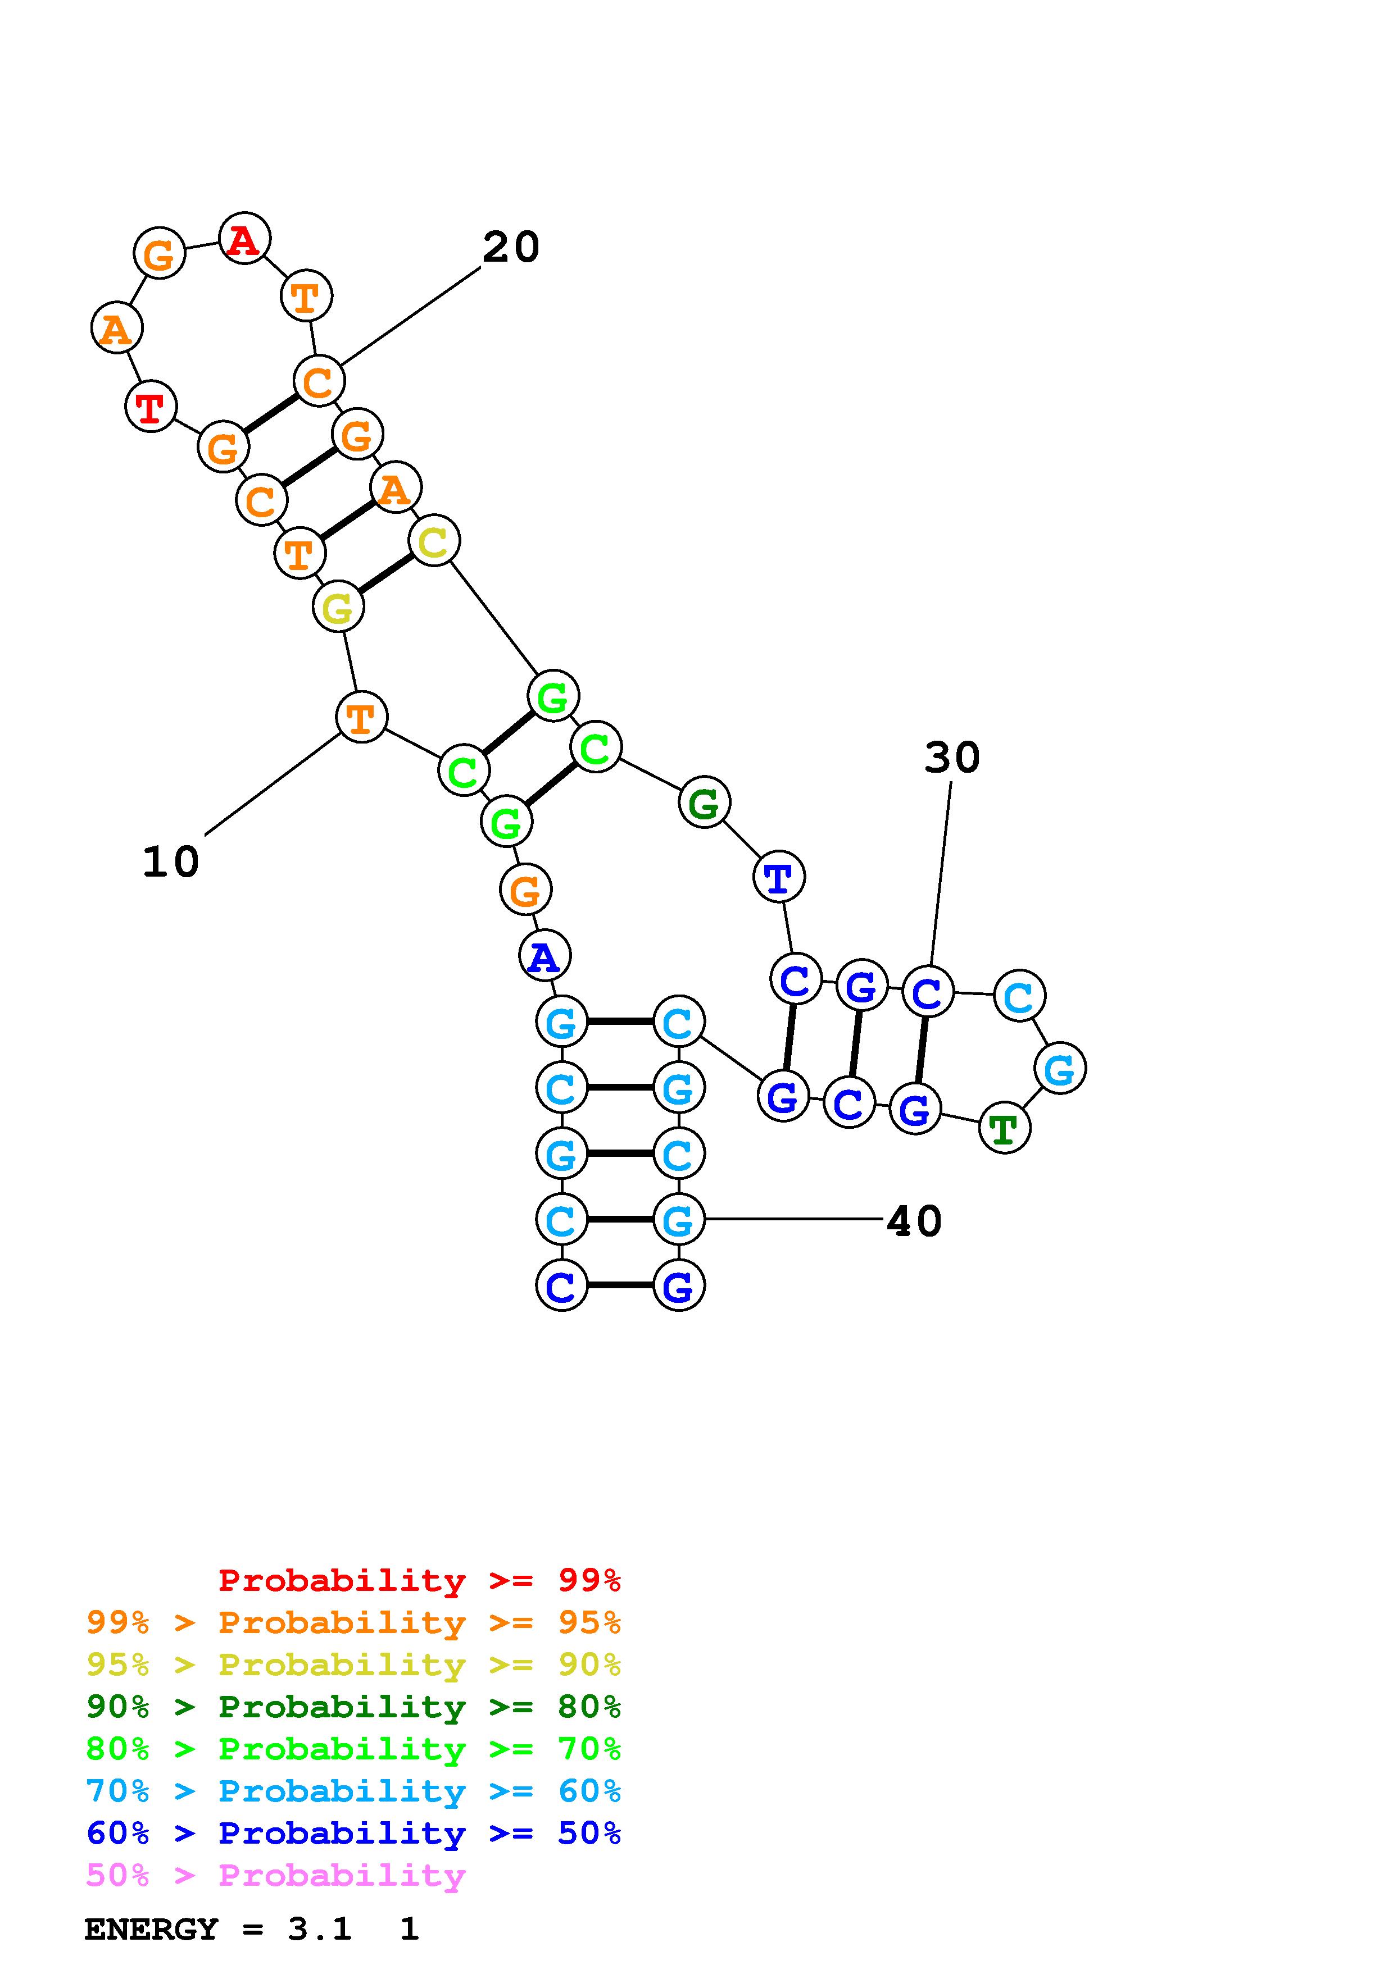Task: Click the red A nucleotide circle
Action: [x=244, y=239]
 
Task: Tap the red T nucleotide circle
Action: [x=151, y=407]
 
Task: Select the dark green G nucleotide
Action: [x=704, y=803]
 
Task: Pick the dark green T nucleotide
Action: [x=1004, y=1128]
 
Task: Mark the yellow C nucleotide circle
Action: [x=433, y=541]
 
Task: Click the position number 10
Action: [x=171, y=861]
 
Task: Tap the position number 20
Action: [x=511, y=248]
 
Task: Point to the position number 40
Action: [x=914, y=1221]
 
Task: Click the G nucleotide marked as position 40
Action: [x=678, y=1219]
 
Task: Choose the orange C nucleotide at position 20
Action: [x=319, y=382]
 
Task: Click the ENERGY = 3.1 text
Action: [x=218, y=1929]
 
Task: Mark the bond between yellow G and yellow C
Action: [x=386, y=574]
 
